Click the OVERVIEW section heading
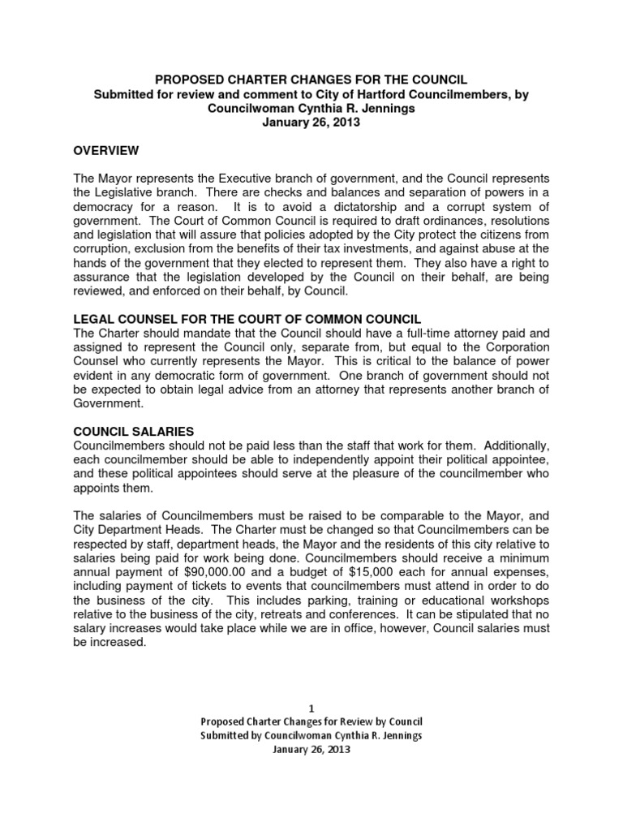[x=106, y=150]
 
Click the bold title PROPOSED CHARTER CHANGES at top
[x=311, y=80]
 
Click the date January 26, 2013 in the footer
[x=311, y=750]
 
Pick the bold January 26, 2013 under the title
[x=311, y=123]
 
